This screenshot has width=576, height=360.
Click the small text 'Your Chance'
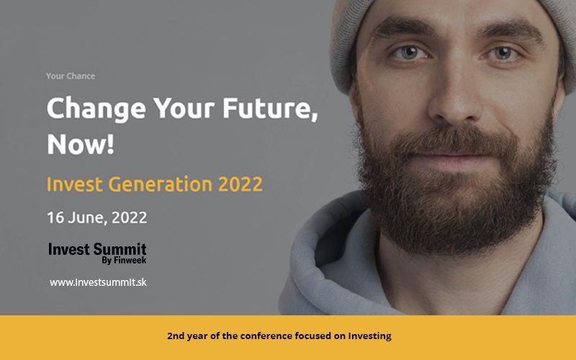point(71,76)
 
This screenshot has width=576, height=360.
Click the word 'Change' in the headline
point(96,109)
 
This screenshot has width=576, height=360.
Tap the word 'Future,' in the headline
point(270,108)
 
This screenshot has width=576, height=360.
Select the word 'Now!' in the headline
point(81,143)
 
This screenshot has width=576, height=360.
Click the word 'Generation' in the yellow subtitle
point(160,184)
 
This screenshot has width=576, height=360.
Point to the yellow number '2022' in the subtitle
point(240,184)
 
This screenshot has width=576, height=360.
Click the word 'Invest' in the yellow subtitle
point(75,184)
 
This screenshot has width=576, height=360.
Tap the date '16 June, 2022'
point(97,217)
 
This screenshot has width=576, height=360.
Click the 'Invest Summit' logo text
point(97,249)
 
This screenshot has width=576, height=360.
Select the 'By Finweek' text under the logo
point(124,260)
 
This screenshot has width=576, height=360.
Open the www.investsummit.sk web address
point(98,282)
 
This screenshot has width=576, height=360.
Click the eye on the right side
point(503,53)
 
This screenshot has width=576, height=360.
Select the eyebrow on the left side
point(402,27)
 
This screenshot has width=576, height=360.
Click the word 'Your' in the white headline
point(184,109)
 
